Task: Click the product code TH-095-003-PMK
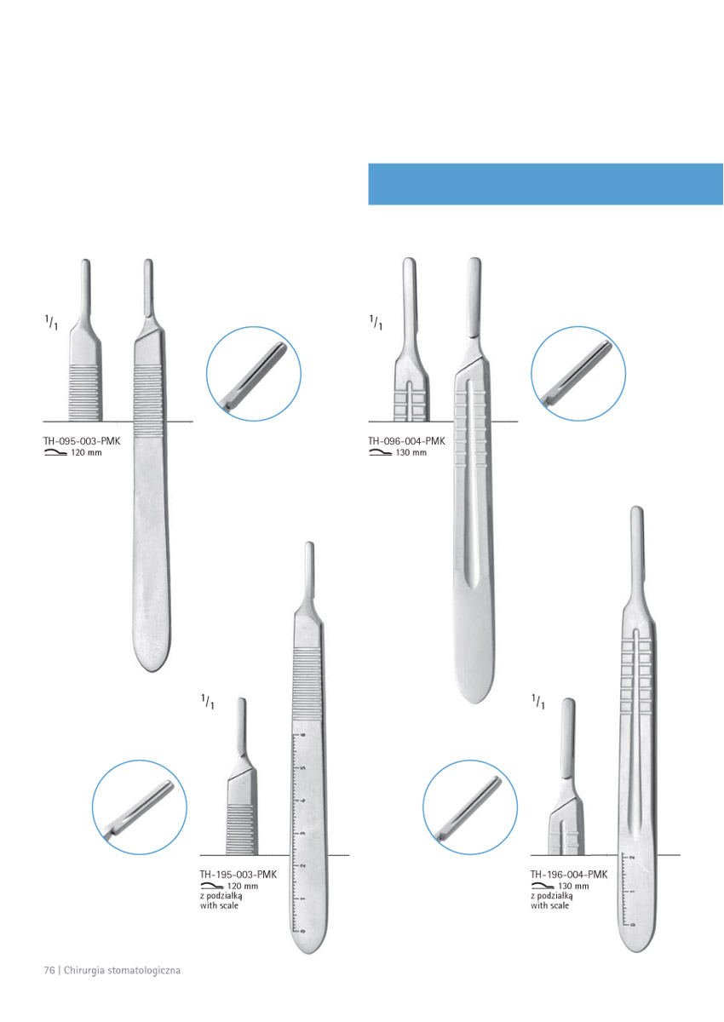(82, 441)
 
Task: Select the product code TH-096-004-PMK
(406, 441)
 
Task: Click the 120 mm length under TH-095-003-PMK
(86, 453)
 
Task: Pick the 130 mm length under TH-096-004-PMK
(411, 453)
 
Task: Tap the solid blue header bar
(545, 184)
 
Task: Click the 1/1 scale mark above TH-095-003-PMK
(51, 322)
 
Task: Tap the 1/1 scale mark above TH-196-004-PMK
(537, 702)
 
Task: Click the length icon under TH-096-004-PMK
(380, 452)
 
